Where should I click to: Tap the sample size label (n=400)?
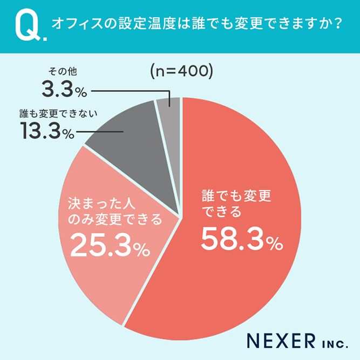[180, 71]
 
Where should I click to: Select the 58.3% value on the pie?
[241, 239]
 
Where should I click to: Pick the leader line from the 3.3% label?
[130, 90]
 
